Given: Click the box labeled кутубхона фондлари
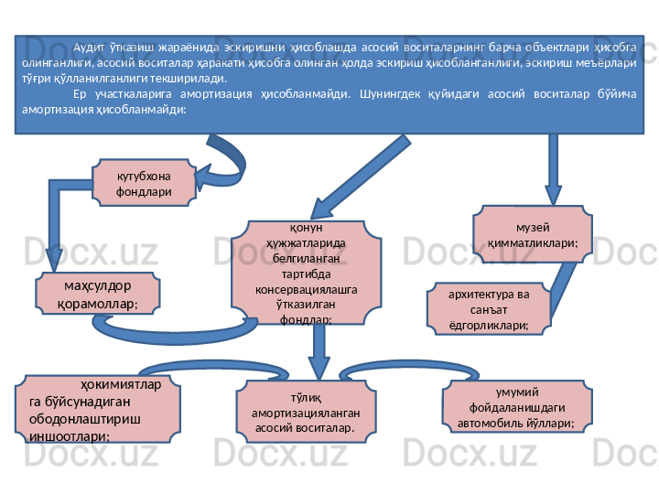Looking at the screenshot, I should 145,182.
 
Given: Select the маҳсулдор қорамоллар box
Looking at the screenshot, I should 97,293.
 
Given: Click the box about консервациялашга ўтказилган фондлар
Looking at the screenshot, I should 307,273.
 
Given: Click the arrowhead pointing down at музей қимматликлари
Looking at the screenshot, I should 553,194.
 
